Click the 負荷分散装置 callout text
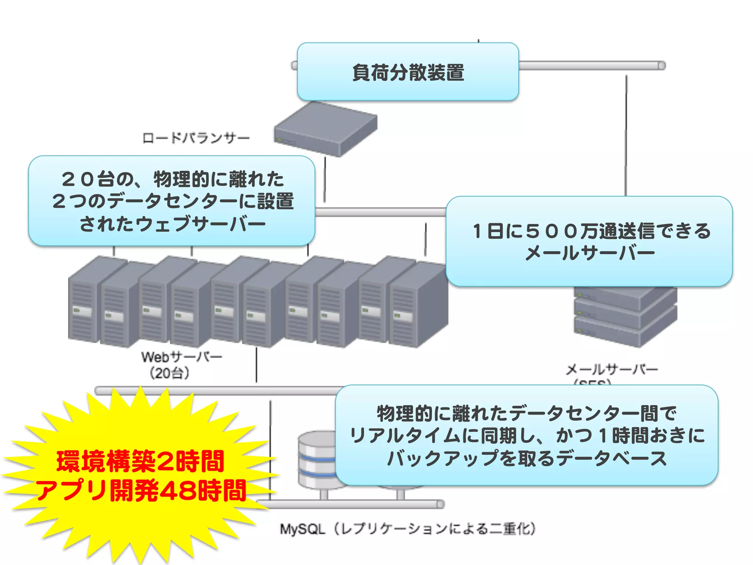click(408, 72)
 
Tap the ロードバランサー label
click(196, 138)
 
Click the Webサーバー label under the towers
click(182, 356)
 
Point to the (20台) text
click(169, 373)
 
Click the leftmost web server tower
click(84, 302)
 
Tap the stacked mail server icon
click(625, 316)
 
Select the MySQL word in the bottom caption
click(302, 529)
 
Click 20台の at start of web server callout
click(97, 180)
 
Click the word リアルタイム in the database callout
click(404, 436)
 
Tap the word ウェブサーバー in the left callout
click(201, 224)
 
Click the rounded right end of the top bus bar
click(661, 66)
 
